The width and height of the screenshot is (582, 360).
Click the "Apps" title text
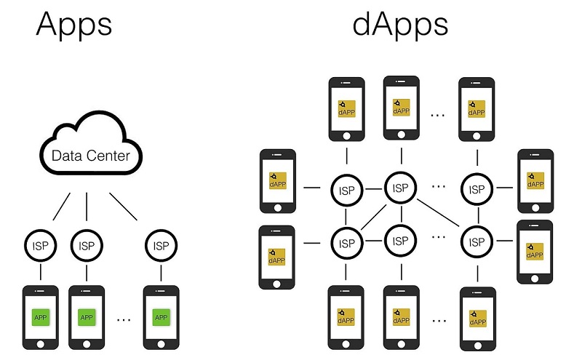[x=73, y=24]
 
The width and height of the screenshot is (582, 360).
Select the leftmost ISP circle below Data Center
[x=41, y=245]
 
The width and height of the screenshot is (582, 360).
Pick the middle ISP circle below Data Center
[x=87, y=245]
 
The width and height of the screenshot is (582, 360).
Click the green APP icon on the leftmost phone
[x=41, y=317]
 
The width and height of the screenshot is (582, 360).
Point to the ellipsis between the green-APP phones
[x=124, y=318]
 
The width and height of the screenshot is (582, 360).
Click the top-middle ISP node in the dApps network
[x=399, y=188]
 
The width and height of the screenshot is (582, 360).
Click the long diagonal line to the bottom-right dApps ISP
[x=438, y=215]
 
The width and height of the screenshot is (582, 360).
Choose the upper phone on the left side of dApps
[x=278, y=181]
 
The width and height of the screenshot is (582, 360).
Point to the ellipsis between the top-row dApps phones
[x=438, y=113]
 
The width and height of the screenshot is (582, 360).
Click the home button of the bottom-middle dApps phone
[x=399, y=344]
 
